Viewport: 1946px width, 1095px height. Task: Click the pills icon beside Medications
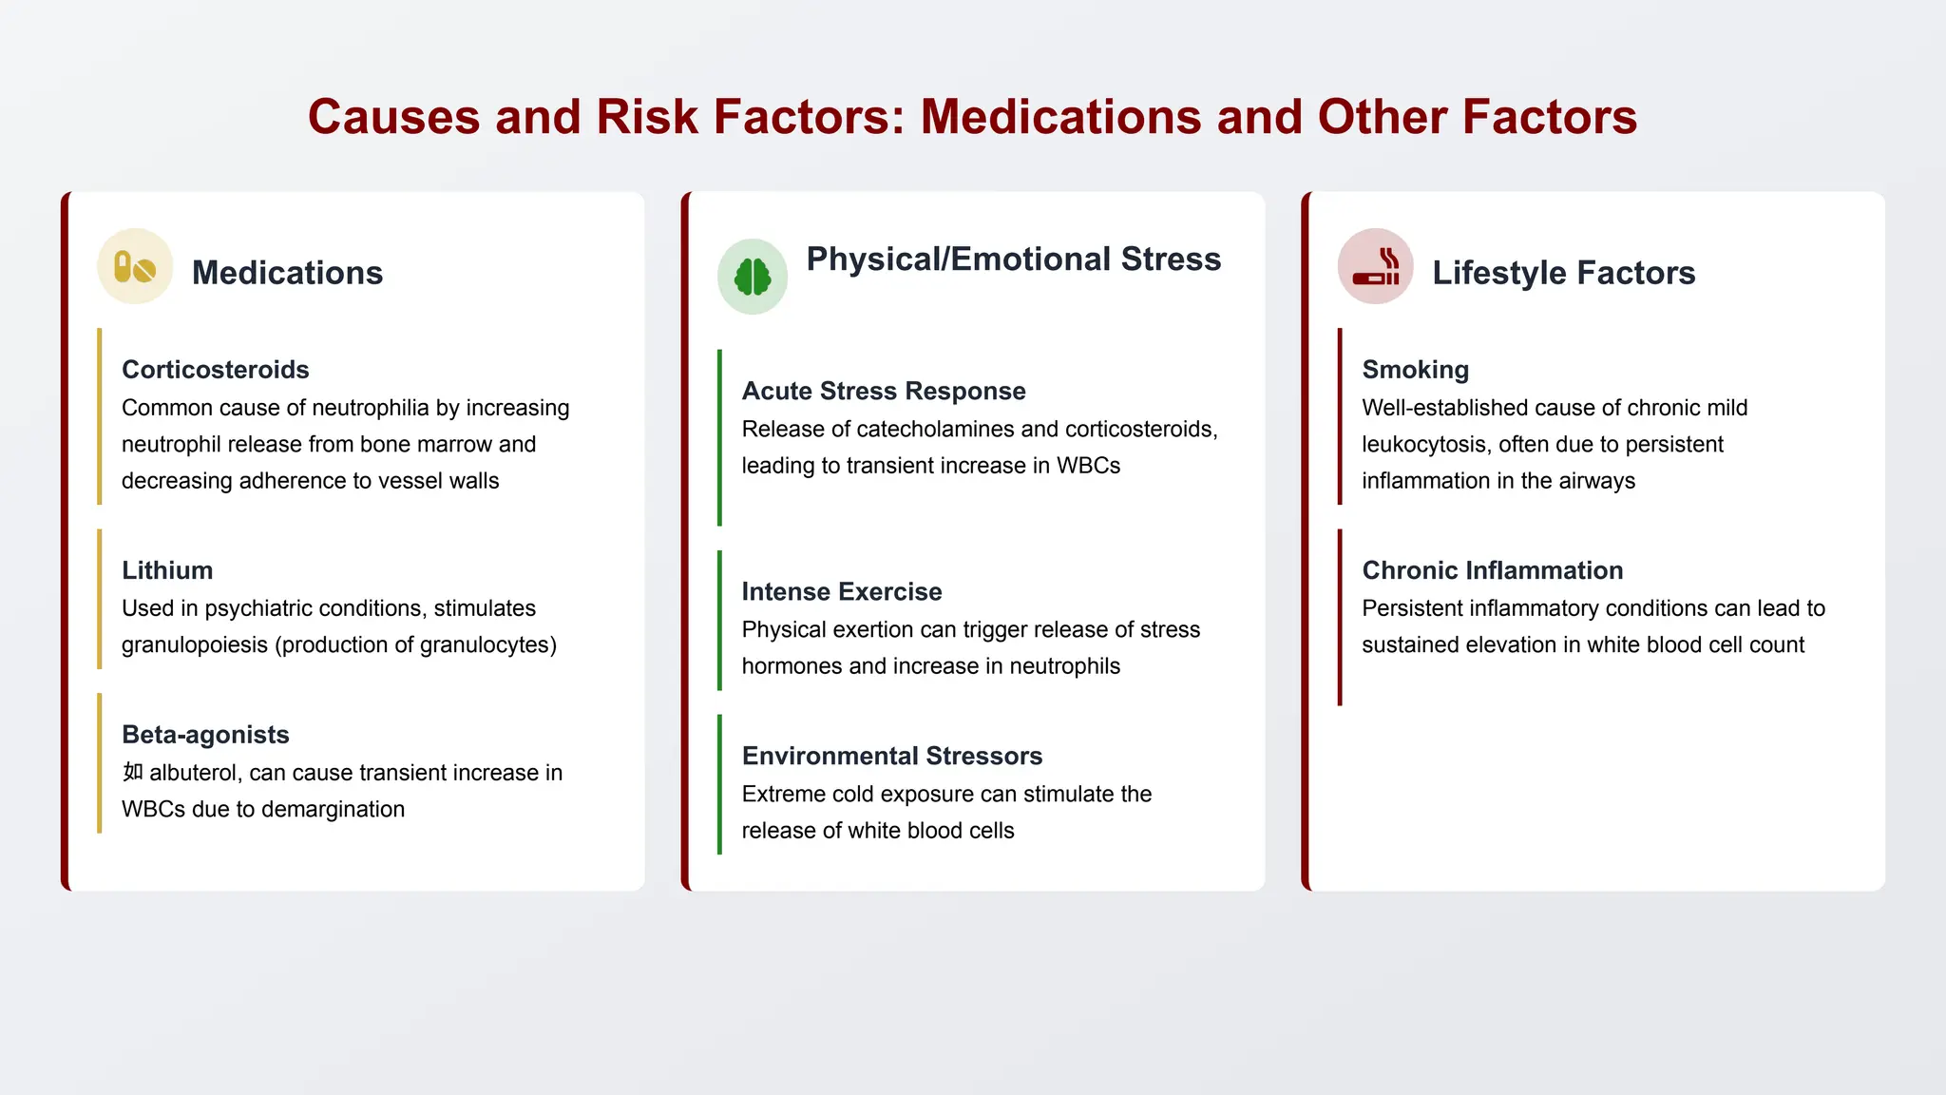pos(135,267)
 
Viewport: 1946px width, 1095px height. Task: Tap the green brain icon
pos(753,277)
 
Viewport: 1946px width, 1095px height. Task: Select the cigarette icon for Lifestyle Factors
pos(1375,267)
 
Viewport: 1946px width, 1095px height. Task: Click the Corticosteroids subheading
pos(216,370)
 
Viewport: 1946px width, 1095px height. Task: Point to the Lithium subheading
pos(167,570)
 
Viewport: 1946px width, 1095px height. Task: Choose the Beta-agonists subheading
pos(205,735)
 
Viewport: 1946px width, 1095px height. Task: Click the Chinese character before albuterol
pos(133,772)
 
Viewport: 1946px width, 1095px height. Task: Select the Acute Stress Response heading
pos(884,391)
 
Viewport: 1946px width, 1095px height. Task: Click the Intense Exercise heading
pos(842,591)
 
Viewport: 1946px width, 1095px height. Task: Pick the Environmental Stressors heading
pos(892,756)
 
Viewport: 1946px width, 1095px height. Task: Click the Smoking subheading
pos(1416,370)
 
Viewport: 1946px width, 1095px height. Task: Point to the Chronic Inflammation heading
pos(1493,570)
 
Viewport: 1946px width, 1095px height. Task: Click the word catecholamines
pos(933,429)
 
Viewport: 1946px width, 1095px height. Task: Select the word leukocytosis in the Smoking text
pos(1423,444)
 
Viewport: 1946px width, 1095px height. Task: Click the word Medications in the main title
pos(1059,117)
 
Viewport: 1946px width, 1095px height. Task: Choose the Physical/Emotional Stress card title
pos(1014,259)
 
